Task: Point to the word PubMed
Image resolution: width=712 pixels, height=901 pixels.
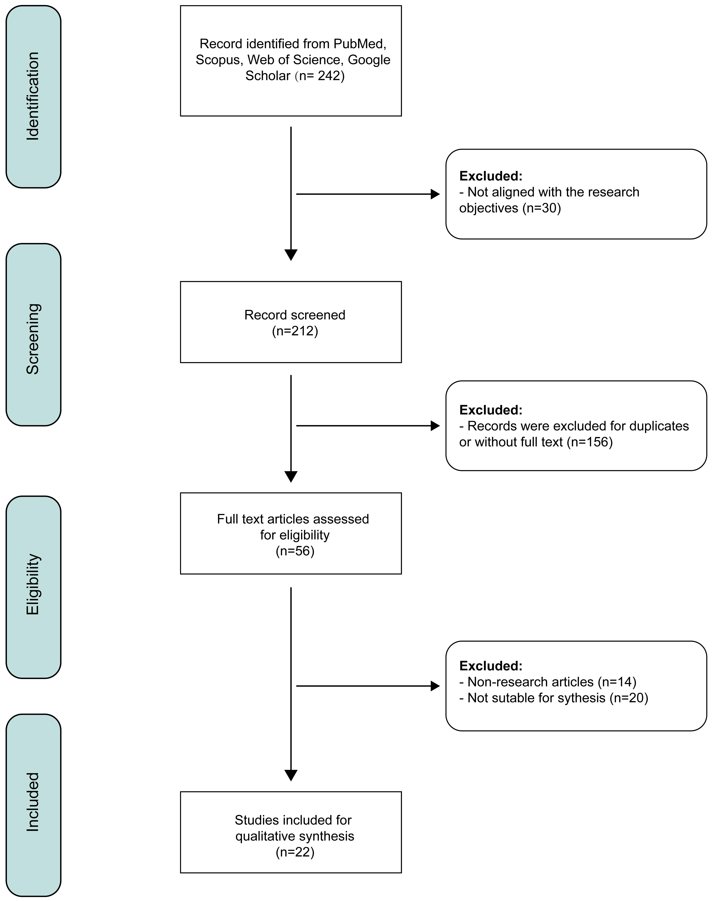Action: [x=360, y=44]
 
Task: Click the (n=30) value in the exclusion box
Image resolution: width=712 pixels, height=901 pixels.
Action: [x=542, y=208]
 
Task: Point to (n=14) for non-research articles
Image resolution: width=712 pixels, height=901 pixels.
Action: [x=617, y=682]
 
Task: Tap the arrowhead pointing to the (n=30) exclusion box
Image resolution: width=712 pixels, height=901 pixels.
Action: [x=435, y=194]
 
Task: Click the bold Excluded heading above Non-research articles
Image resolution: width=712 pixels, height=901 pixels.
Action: [x=491, y=666]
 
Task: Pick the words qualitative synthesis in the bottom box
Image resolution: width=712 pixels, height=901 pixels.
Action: [x=295, y=836]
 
